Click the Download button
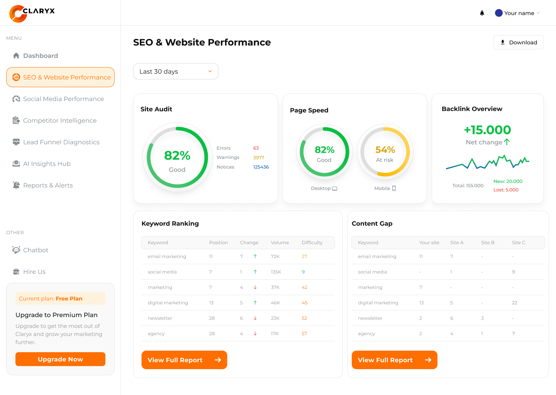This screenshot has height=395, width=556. pos(518,42)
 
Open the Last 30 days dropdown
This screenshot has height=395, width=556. pos(176,71)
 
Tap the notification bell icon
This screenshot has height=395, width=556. pos(482,13)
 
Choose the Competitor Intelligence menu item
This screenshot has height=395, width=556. pos(60,120)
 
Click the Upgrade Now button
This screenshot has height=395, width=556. pos(60,359)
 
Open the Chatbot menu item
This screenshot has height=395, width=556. pos(36,250)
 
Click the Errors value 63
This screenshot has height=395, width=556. pos(256,148)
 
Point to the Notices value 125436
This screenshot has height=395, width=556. pos(261,167)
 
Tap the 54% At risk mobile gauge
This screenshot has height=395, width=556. pos(385,152)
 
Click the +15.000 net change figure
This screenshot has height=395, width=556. pos(487,130)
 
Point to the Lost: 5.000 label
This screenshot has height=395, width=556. pos(506,190)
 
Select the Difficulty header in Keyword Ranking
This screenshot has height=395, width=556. pos(312,243)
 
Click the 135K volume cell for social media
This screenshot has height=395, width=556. pos(276,272)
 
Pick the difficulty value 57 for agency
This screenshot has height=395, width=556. pos(304,334)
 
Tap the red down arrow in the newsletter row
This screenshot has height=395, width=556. pos(255,318)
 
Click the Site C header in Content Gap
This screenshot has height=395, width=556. pos(518,243)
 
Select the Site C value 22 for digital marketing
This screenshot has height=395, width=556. pos(514,303)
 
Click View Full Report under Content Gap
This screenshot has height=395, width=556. pos(394,360)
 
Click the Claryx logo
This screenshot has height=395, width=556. pos(32,13)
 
